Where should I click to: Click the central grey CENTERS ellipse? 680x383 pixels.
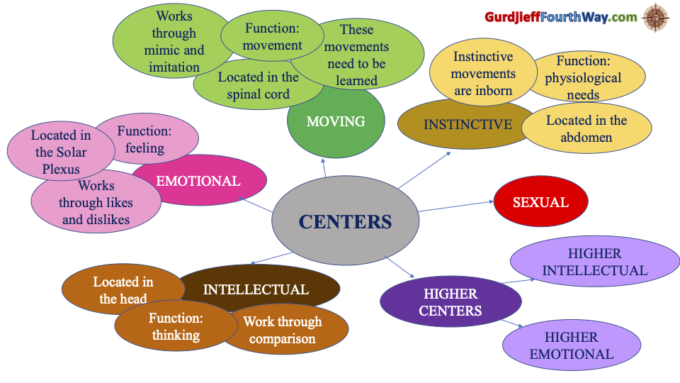point(345,221)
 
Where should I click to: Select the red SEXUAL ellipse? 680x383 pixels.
point(540,202)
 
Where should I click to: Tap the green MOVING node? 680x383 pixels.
point(336,122)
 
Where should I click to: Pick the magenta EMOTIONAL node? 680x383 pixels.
point(198,181)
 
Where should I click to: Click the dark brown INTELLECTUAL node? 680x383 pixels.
point(256,289)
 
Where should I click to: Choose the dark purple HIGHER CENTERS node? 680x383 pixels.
point(450,302)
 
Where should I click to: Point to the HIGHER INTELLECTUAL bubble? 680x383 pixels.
point(594,262)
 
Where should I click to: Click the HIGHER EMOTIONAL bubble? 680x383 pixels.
point(572,345)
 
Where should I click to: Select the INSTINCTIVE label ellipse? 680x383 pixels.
point(467,125)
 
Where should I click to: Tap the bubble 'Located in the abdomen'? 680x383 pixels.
point(586,129)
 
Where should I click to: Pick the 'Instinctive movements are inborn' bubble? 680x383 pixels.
point(482,73)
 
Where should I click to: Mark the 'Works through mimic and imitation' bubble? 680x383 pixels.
point(173,41)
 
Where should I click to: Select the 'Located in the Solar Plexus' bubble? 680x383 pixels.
point(61,152)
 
